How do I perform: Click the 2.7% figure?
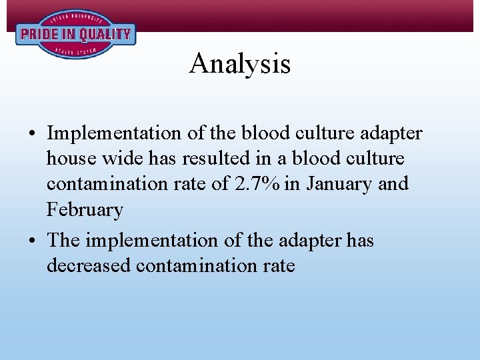(260, 184)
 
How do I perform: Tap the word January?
(337, 184)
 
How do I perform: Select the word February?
(85, 210)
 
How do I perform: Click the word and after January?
(394, 184)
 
